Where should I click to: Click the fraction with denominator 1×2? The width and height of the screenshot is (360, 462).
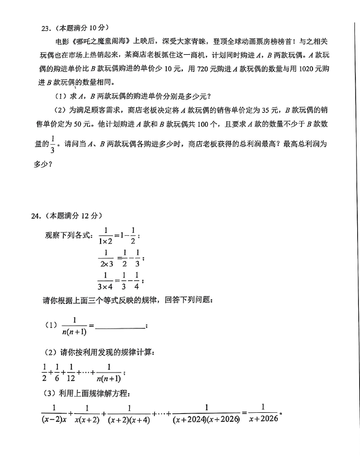105,236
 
